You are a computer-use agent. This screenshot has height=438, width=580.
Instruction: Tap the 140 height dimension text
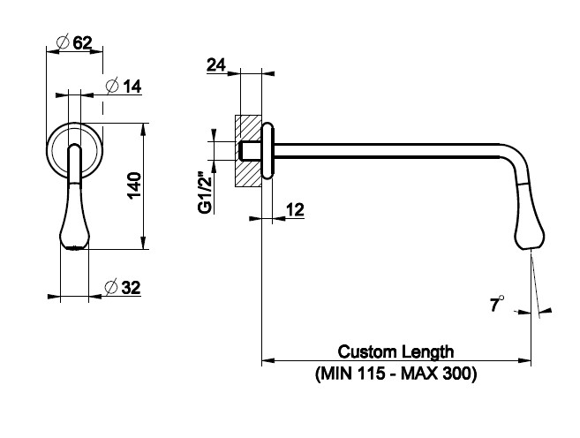click(x=133, y=185)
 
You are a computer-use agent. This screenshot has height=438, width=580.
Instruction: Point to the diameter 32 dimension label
click(x=123, y=287)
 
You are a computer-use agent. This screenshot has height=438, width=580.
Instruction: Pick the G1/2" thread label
click(x=204, y=192)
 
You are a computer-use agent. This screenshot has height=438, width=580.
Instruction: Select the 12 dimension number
click(x=294, y=209)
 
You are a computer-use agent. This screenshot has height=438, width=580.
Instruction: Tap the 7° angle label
click(x=499, y=306)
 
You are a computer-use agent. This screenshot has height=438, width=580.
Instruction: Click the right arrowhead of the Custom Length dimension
click(x=525, y=360)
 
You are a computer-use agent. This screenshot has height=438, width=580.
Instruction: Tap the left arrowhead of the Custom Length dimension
click(x=267, y=360)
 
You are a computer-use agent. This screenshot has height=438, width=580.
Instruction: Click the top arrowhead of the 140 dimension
click(x=144, y=127)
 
